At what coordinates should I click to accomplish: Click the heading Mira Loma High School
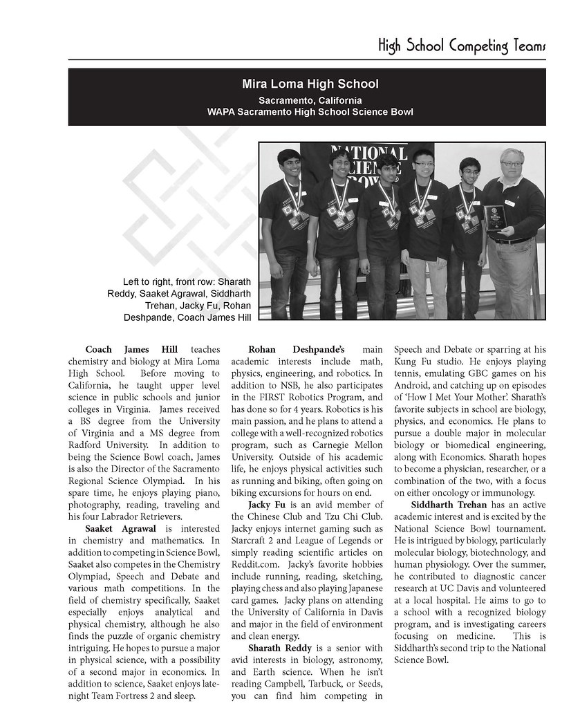[310, 84]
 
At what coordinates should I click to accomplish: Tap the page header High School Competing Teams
[462, 46]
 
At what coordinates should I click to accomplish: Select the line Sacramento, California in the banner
[310, 100]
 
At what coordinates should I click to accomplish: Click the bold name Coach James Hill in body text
[131, 350]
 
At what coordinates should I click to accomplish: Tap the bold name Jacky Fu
[270, 505]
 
